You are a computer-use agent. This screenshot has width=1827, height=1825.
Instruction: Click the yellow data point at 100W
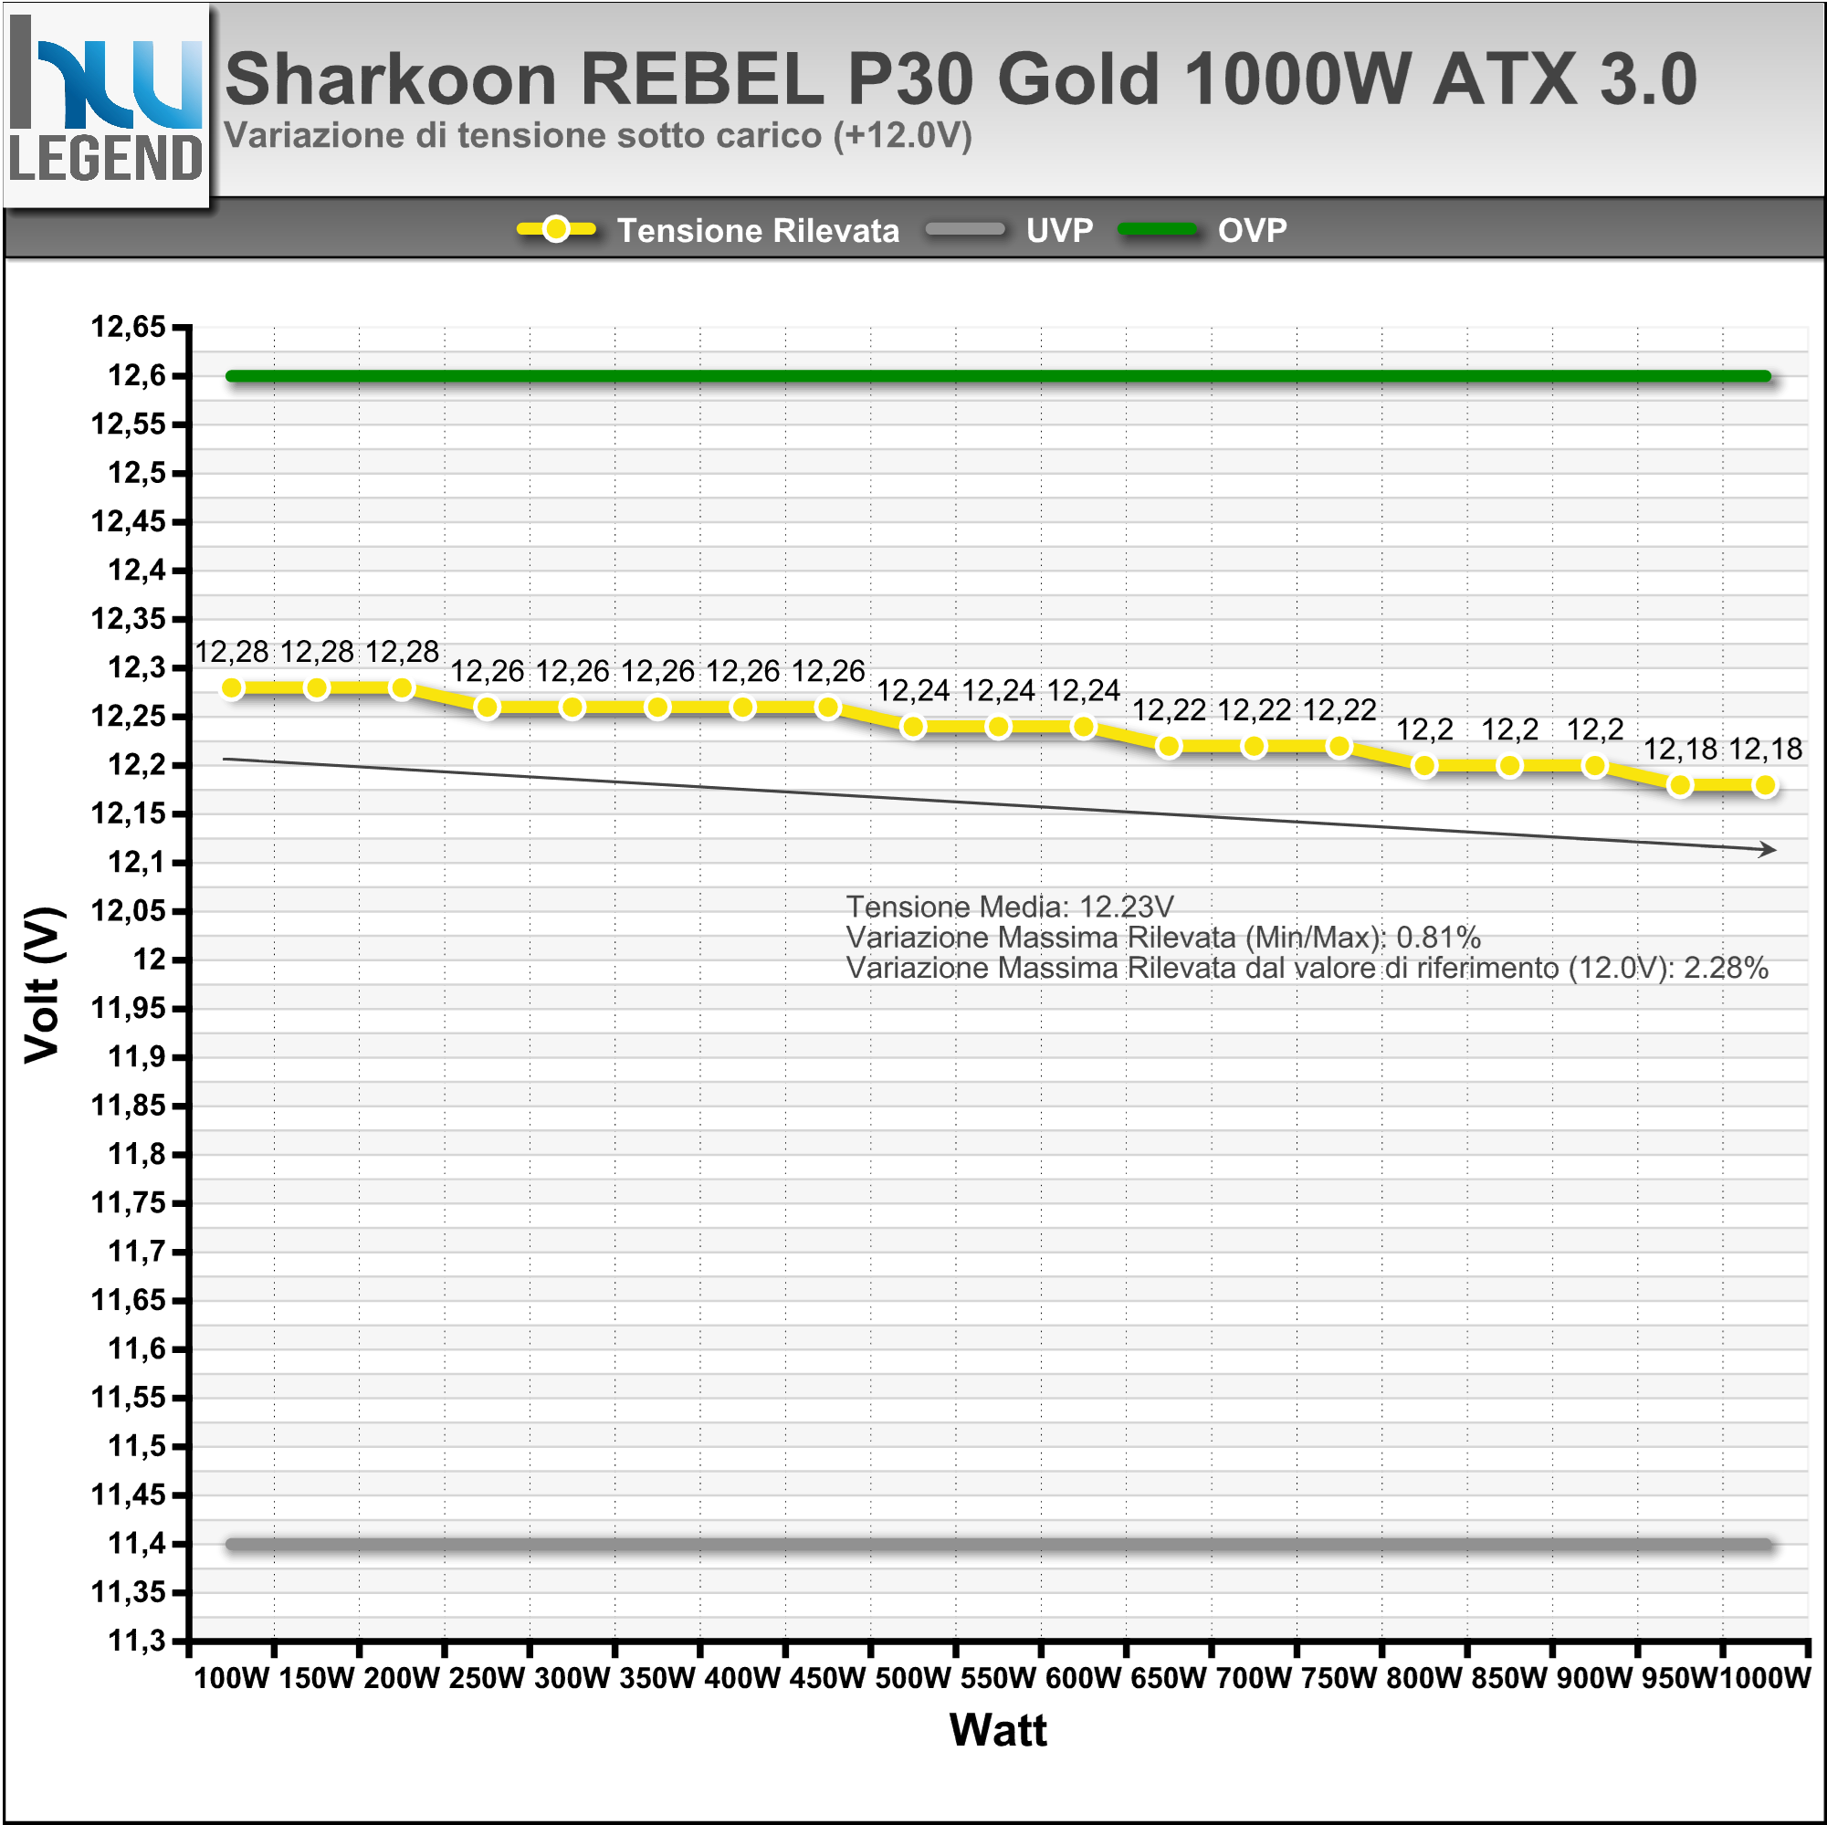(232, 688)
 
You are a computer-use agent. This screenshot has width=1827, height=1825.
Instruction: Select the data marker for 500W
(913, 727)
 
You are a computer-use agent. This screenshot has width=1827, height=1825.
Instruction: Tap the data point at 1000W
(1765, 785)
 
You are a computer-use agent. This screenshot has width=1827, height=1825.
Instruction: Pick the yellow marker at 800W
(1424, 766)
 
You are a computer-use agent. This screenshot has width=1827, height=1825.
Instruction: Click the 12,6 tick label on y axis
(136, 375)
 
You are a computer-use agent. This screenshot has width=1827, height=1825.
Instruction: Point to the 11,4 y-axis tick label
(136, 1543)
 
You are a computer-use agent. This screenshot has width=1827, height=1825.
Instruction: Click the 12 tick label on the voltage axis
(149, 959)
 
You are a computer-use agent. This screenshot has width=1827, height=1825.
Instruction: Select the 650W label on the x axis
(1169, 1678)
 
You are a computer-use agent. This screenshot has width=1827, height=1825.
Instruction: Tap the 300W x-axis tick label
(572, 1678)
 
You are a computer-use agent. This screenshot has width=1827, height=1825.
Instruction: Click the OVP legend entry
(1252, 230)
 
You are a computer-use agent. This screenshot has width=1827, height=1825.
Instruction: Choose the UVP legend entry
(1059, 230)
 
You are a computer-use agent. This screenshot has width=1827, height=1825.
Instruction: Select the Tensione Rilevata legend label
(758, 230)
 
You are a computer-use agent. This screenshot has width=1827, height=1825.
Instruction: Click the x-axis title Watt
(998, 1729)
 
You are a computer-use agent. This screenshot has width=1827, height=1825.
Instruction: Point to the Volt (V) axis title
(44, 984)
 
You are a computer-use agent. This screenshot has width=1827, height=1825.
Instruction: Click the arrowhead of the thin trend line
(1769, 849)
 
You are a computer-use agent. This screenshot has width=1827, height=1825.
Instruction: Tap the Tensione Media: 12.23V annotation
(1009, 907)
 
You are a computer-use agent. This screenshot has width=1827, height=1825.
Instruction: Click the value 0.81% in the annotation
(1437, 937)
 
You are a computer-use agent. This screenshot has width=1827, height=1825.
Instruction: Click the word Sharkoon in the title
(391, 79)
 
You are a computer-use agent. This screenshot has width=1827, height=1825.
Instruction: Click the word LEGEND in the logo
(106, 158)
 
